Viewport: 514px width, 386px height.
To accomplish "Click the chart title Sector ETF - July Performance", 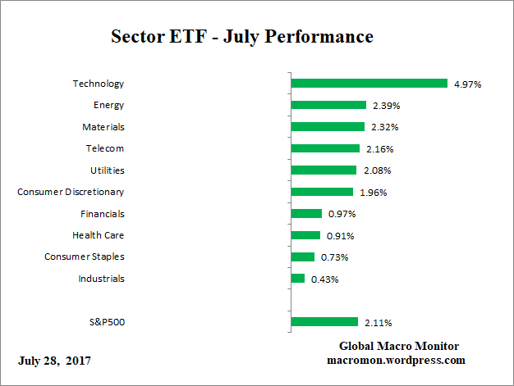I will point(241,37).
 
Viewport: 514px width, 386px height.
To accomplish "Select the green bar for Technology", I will point(369,84).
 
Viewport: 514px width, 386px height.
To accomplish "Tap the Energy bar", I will point(328,105).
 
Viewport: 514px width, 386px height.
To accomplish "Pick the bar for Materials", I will point(328,127).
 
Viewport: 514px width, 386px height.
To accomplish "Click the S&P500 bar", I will point(324,322).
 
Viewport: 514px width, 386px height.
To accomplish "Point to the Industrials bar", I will point(298,279).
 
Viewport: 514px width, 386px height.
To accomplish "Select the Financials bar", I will point(306,214).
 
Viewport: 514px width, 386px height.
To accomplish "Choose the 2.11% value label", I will point(377,322).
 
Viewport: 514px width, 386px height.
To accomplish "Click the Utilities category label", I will point(107,170).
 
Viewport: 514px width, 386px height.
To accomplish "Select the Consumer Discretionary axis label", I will point(71,192).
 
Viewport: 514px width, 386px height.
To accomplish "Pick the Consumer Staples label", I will point(84,257).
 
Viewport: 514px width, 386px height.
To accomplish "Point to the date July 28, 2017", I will point(55,361).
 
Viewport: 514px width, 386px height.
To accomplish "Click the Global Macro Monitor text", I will point(399,347).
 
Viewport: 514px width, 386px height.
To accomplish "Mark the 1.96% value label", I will point(371,193).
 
